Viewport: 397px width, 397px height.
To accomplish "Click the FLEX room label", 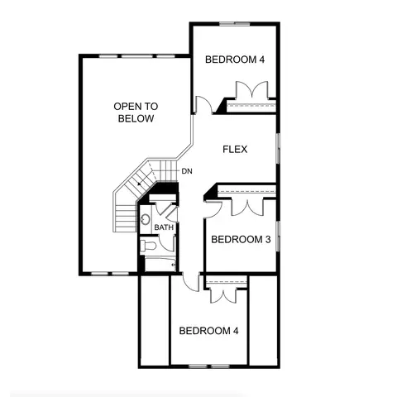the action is tap(235, 149).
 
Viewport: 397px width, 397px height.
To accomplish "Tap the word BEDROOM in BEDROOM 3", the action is tap(237, 239).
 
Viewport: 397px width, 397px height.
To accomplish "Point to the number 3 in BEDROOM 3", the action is tap(268, 239).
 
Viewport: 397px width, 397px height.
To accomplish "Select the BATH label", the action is tap(164, 227).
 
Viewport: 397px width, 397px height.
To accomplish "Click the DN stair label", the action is tap(187, 171).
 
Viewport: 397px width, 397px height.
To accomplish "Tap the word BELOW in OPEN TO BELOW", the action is tap(136, 118).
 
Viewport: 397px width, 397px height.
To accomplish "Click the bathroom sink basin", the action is tap(145, 219).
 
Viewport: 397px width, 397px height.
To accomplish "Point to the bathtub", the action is tap(160, 264).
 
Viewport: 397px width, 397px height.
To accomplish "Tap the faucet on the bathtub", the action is tap(174, 265).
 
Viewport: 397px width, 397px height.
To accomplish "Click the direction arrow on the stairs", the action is tap(140, 184).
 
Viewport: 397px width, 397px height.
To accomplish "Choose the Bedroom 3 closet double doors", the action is tap(247, 208).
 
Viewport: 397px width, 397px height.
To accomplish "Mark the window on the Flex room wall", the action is tap(279, 149).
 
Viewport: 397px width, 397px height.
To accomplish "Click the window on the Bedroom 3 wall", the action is tap(279, 237).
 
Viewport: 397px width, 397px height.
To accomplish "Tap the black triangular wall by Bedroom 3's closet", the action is tap(210, 192).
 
